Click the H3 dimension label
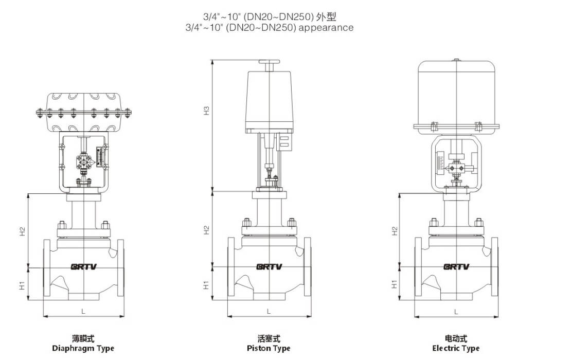207,110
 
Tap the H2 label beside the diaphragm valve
23,231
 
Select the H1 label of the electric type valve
395,284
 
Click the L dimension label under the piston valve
269,311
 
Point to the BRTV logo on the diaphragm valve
84,267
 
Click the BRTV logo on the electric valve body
456,267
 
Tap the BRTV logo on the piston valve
269,267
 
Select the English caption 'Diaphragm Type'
83,348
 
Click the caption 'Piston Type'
269,348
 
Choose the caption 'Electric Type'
456,348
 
